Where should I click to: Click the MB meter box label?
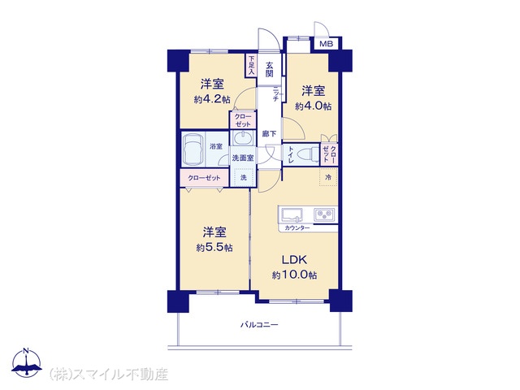pos(325,44)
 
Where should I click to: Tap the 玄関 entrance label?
pos(268,68)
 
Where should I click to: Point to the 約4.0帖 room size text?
pos(313,106)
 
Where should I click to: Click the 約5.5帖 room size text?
pos(214,247)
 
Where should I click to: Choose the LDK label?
pos(294,260)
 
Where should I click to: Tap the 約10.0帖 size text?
pos(294,275)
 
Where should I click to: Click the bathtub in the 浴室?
pos(195,149)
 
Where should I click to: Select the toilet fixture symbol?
pos(306,154)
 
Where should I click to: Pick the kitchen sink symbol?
pos(292,215)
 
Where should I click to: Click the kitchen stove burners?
pos(325,215)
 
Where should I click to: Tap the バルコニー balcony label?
pos(259,325)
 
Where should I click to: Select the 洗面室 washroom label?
pos(243,158)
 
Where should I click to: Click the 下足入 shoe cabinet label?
pos(252,65)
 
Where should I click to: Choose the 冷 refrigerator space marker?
pos(328,176)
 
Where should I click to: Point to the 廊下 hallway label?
pos(269,133)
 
